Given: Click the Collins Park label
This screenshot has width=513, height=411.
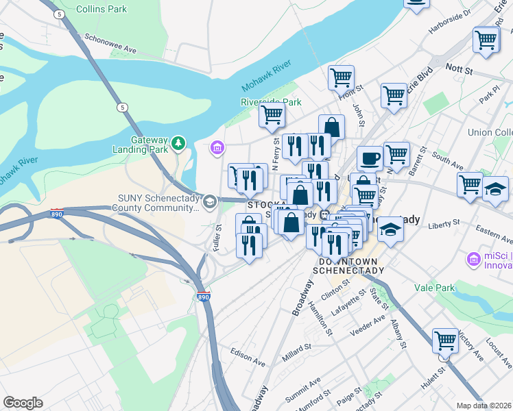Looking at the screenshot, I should (102, 9).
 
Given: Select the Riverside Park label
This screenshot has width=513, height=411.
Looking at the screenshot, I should (271, 102).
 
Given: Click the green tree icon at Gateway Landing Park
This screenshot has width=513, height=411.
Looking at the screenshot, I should (178, 142).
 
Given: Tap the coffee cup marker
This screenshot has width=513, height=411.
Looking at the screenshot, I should (370, 159).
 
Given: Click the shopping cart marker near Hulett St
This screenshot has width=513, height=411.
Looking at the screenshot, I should (445, 340).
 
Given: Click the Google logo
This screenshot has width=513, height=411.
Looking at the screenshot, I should (23, 403).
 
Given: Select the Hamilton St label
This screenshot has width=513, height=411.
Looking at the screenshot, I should (320, 320).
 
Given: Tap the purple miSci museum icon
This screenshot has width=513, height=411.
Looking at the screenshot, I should (473, 260).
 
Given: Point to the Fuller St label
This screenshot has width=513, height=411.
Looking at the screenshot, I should (217, 238).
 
